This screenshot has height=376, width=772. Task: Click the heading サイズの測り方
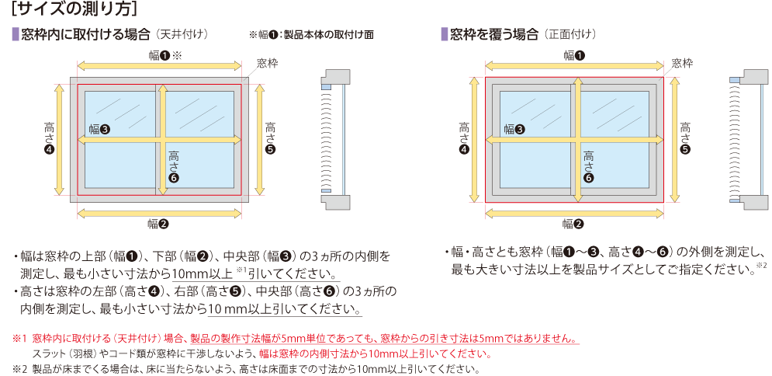pyautogui.click(x=75, y=10)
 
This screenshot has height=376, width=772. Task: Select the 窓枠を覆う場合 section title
pyautogui.click(x=493, y=35)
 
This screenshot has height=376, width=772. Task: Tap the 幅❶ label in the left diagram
pyautogui.click(x=160, y=55)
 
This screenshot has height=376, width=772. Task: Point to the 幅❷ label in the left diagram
pyautogui.click(x=158, y=225)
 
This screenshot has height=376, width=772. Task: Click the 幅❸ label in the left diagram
pyautogui.click(x=99, y=129)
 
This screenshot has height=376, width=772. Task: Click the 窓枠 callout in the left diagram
pyautogui.click(x=267, y=61)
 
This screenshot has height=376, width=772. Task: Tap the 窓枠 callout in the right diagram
pyautogui.click(x=682, y=61)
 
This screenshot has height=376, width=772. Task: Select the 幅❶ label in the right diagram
pyautogui.click(x=574, y=55)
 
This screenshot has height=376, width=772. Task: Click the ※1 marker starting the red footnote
pyautogui.click(x=19, y=339)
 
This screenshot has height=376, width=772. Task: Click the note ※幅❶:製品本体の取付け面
pyautogui.click(x=311, y=35)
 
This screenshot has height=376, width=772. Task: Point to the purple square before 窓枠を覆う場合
pyautogui.click(x=445, y=35)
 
